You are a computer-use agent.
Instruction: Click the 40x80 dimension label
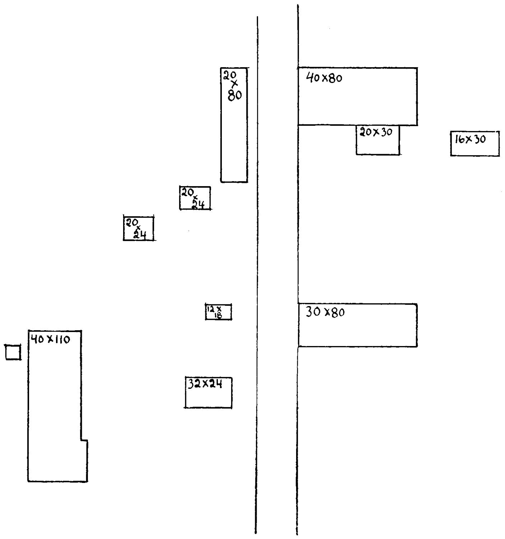coord(324,78)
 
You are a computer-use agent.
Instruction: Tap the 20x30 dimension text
coord(376,132)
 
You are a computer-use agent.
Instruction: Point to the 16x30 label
coord(470,139)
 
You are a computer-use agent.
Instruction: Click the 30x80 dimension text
coord(325,312)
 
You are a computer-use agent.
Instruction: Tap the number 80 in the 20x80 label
coord(235,96)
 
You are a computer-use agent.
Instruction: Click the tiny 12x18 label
coord(215,311)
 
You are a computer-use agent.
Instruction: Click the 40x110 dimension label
coord(50,339)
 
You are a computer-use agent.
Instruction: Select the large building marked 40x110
coord(55,406)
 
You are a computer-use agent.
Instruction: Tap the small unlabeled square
coord(13,352)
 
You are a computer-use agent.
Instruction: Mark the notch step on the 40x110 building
coord(84,439)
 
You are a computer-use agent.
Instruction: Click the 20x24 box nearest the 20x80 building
coord(195,198)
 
